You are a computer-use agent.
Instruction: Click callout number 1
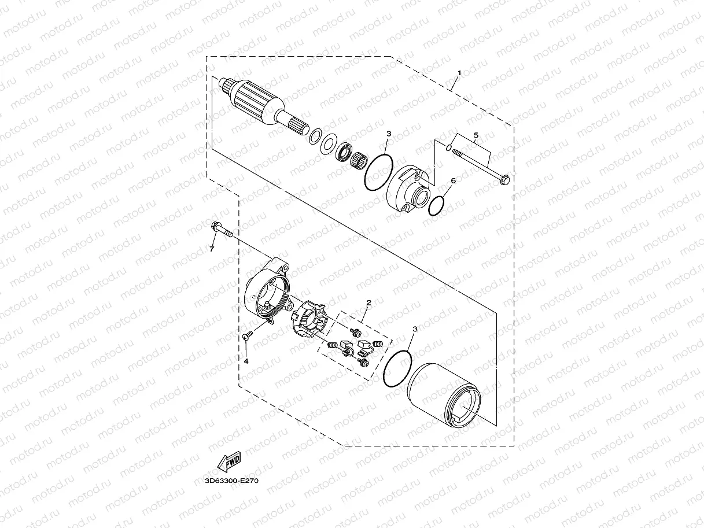click(x=459, y=73)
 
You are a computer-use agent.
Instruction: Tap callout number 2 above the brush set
click(x=368, y=302)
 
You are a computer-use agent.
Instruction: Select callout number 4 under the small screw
click(x=245, y=361)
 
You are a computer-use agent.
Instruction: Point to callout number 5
click(x=476, y=135)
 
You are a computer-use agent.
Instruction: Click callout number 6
click(x=453, y=180)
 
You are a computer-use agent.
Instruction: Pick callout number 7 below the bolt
click(x=212, y=249)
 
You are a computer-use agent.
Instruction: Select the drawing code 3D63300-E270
click(x=231, y=479)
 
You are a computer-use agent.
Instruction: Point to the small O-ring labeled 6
click(x=437, y=205)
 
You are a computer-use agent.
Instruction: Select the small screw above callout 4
click(x=246, y=334)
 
